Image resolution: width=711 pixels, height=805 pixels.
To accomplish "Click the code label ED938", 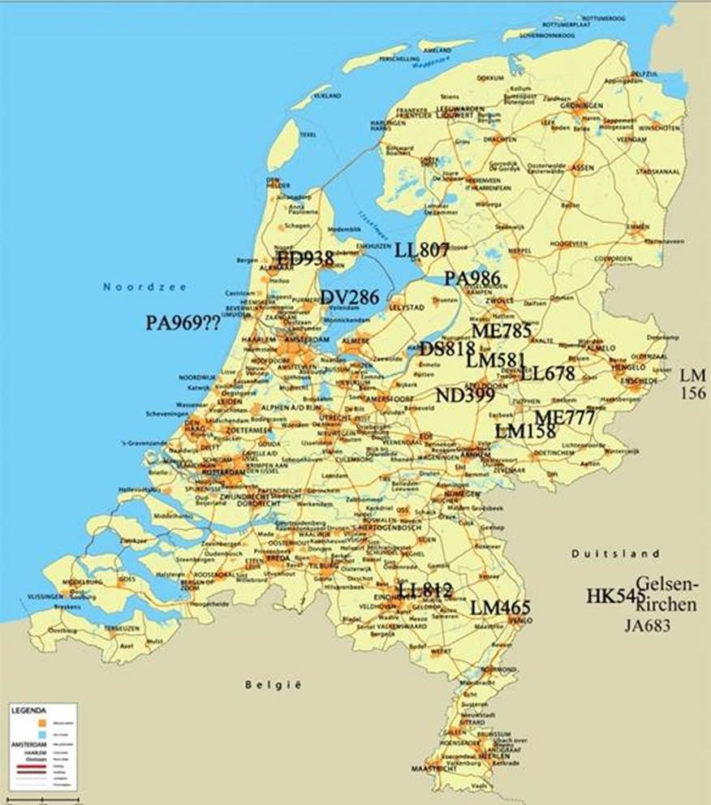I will tap(305, 259).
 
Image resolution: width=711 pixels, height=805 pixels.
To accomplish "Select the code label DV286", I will tap(349, 297).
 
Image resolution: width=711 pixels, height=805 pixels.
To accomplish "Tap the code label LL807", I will tap(422, 250).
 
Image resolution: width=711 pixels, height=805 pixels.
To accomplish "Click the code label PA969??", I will tap(183, 323).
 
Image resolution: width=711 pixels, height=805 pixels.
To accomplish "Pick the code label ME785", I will tap(502, 330).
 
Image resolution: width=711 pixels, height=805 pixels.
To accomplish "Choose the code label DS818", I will tap(447, 349).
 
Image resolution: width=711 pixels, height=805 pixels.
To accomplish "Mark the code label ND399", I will tap(465, 395).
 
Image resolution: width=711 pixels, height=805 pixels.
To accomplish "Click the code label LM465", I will tap(500, 608).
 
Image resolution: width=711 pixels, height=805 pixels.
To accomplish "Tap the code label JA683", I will tap(648, 626).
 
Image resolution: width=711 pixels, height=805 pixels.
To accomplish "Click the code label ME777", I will tap(565, 417).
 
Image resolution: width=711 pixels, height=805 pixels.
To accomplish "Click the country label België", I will tap(273, 686).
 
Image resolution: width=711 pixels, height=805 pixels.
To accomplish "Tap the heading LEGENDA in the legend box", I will tap(29, 709).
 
